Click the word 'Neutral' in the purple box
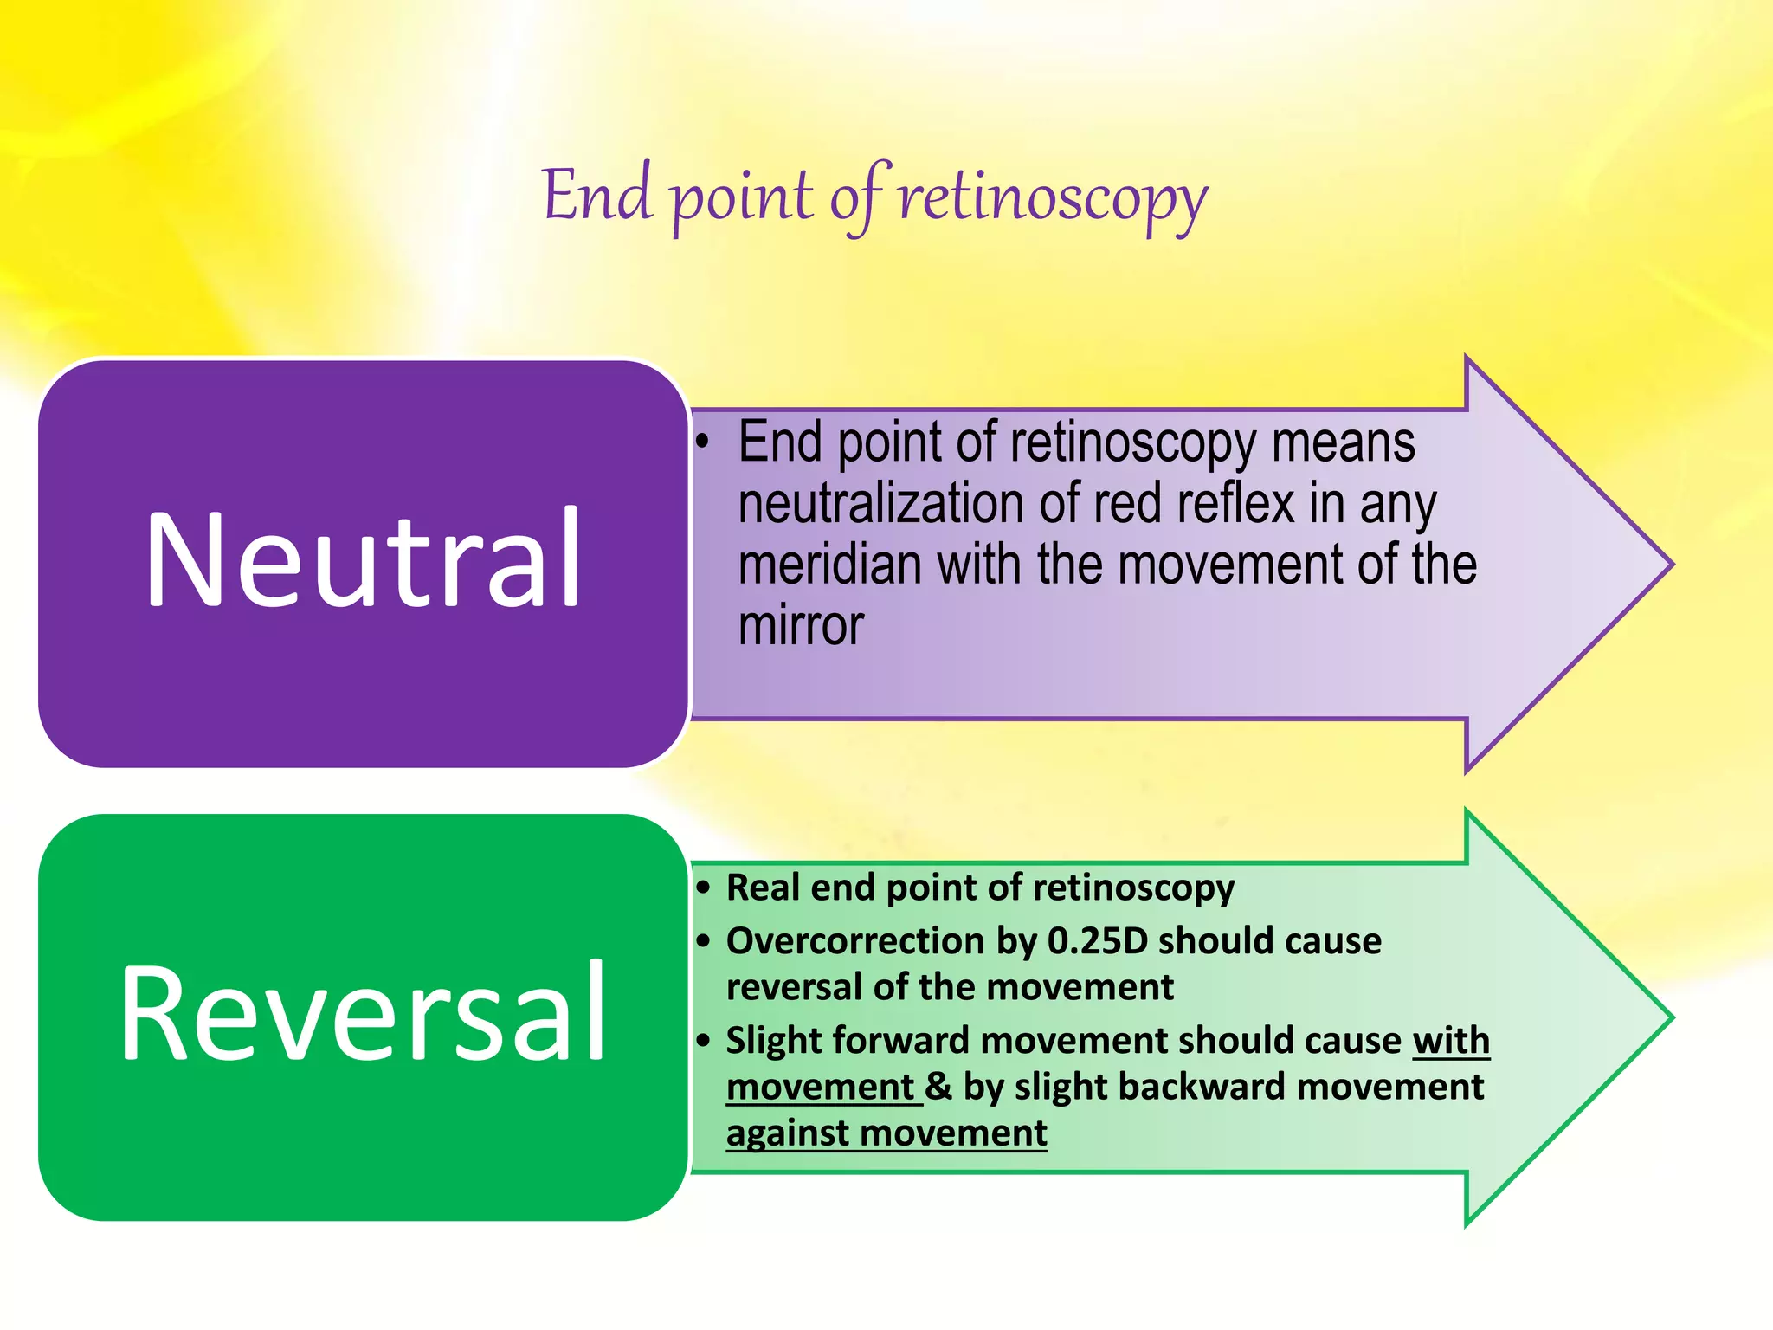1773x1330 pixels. [x=364, y=561]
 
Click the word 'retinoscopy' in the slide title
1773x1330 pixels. [x=1053, y=197]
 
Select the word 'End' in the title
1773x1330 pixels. [x=596, y=196]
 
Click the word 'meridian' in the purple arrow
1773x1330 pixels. [x=830, y=565]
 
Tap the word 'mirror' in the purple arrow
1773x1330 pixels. [x=801, y=625]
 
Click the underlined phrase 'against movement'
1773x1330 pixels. [x=886, y=1133]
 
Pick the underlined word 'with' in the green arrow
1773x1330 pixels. [x=1451, y=1040]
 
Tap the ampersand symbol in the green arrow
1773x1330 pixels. [x=938, y=1087]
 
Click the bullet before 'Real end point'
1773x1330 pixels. [x=704, y=888]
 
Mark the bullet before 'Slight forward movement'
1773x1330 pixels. [x=704, y=1040]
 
